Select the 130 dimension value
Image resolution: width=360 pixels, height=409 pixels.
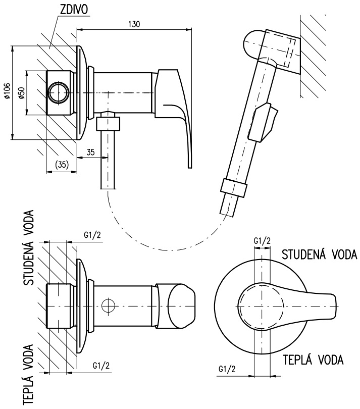[134, 24]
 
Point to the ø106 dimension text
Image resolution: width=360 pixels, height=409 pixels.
[7, 91]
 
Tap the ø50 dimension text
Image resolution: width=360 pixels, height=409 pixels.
[22, 92]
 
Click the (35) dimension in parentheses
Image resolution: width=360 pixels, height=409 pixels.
[62, 164]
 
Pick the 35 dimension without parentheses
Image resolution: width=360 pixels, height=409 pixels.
[90, 152]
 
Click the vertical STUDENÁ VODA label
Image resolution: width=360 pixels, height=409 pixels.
[29, 247]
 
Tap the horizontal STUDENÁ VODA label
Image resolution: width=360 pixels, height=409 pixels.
[319, 254]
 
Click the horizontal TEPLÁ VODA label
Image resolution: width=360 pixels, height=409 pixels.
[313, 360]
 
